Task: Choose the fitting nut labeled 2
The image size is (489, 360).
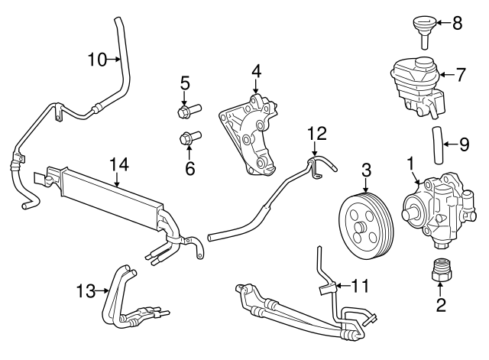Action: (x=439, y=273)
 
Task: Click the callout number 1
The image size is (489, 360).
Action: (x=410, y=163)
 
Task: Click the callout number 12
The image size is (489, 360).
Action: (x=316, y=134)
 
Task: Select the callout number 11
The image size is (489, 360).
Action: (x=360, y=287)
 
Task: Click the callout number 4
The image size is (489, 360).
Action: (x=256, y=72)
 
